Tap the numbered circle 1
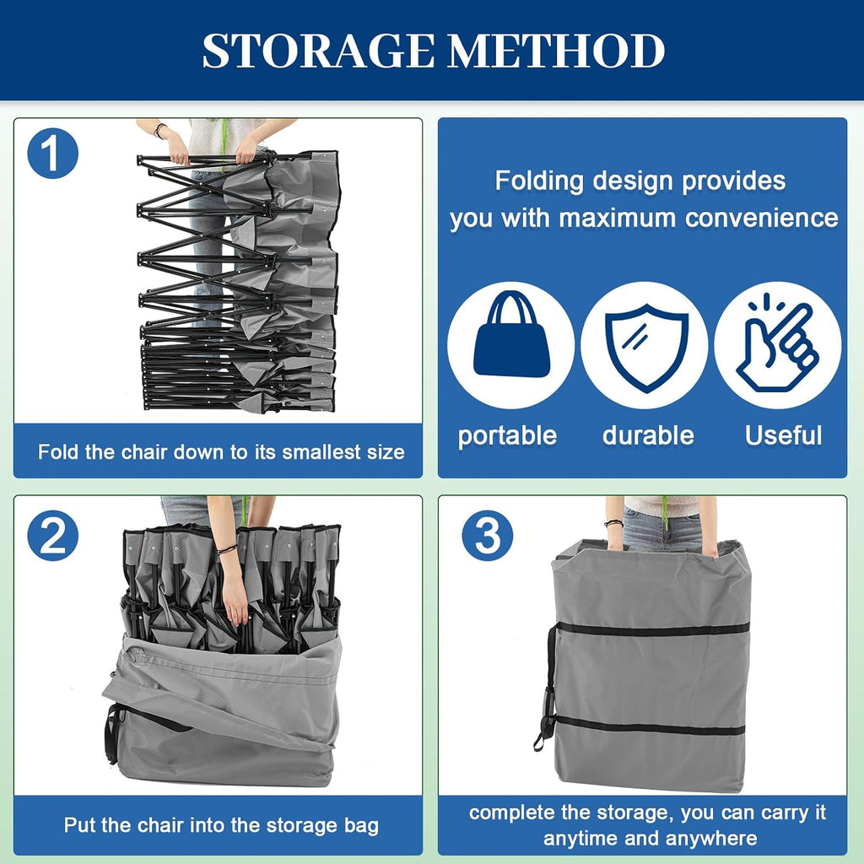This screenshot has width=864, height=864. click(x=53, y=154)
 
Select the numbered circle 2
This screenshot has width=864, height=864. click(x=53, y=536)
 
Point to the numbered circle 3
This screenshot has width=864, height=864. click(x=487, y=536)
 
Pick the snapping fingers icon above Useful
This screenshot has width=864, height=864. click(x=777, y=343)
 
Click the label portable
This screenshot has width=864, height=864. click(x=507, y=435)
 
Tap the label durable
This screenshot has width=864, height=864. click(x=648, y=435)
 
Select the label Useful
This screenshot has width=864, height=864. click(x=784, y=435)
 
